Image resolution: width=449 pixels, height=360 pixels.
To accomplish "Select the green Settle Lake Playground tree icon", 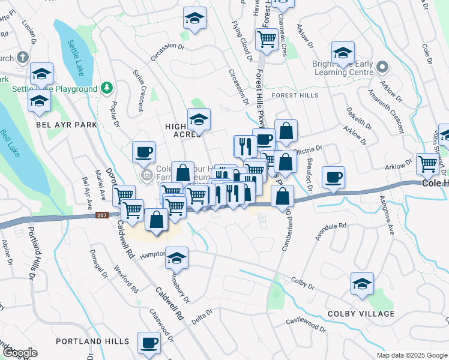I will point(107,89).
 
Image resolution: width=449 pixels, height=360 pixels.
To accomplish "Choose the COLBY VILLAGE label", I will point(361,314).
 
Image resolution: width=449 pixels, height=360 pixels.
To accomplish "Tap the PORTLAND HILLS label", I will point(92,341).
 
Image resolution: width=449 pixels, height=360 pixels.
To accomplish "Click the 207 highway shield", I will point(101,215).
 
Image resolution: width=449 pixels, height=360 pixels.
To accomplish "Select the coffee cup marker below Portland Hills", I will point(149,343).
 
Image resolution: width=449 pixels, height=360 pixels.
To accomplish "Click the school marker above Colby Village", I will point(363,283).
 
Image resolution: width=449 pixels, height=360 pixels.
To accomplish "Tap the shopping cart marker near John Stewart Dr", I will point(427,163).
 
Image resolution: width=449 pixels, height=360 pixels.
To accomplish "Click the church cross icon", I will point(22,58).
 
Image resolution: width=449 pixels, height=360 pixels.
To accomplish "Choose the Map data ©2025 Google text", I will point(411,355).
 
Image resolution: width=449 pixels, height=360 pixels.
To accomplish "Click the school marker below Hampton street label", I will point(176,258).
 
